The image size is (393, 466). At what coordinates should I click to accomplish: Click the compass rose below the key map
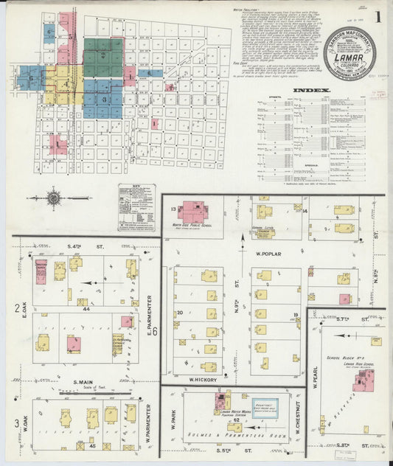coord(54,198)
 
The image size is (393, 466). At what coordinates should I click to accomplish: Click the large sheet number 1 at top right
coord(378,15)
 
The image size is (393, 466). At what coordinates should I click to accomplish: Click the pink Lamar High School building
coord(364,381)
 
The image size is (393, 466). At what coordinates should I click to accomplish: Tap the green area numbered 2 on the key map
coord(102,55)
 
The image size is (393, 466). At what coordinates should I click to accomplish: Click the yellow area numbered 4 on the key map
coord(66,85)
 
